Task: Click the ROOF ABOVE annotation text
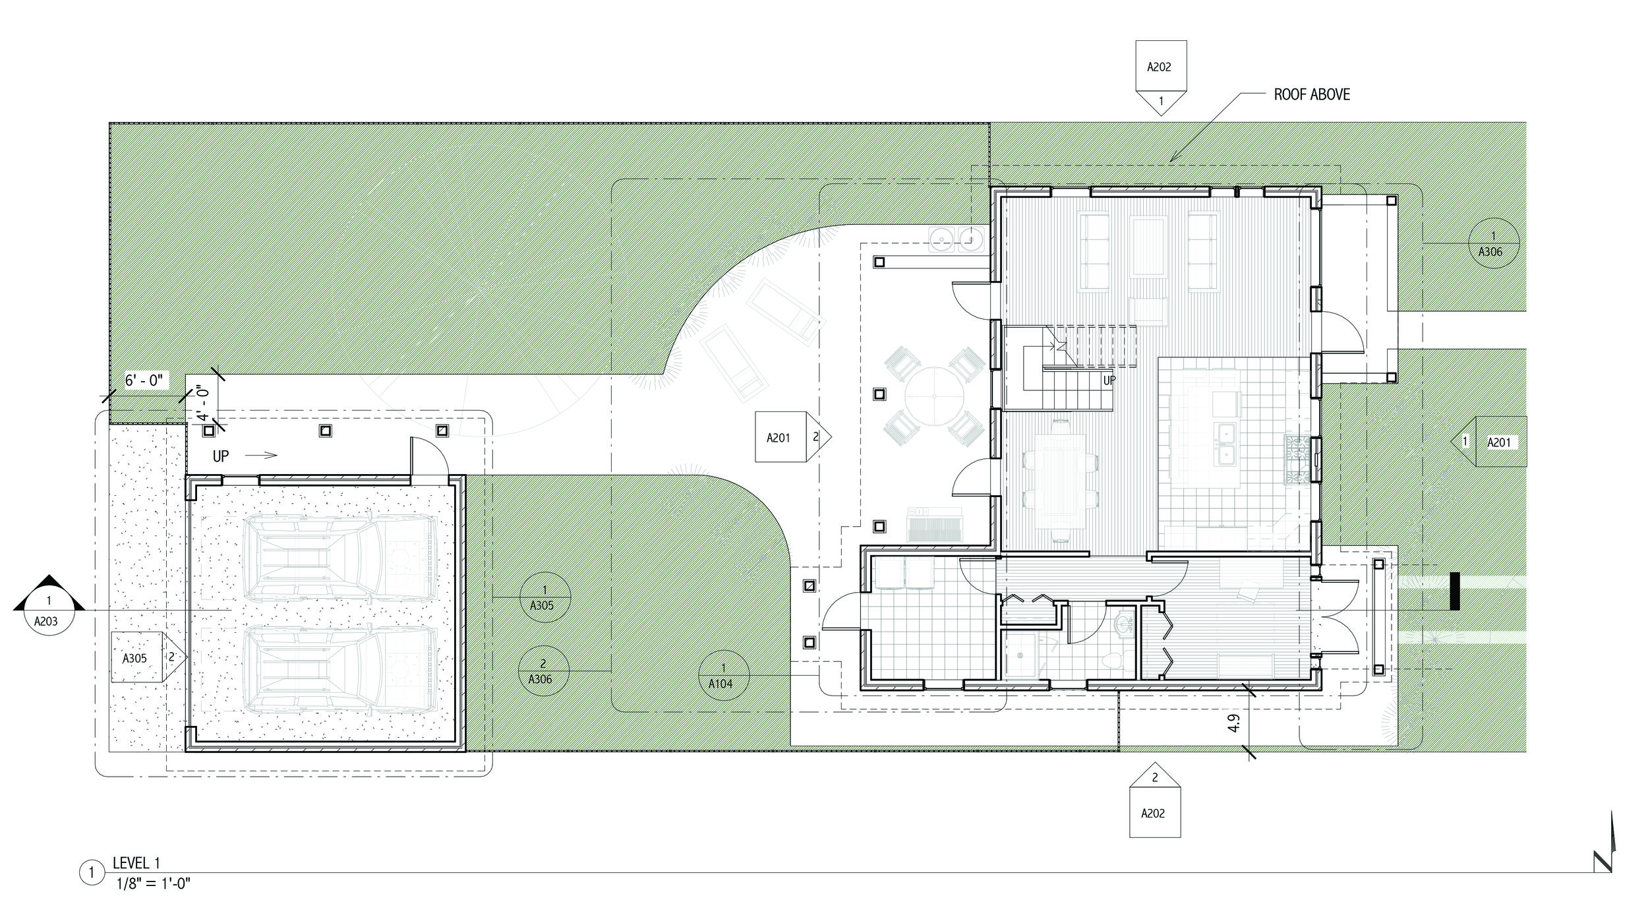pos(1311,95)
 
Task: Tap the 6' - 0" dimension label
pos(148,380)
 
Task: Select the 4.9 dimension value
pos(1234,723)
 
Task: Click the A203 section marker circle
pos(48,612)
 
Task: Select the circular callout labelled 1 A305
pos(544,597)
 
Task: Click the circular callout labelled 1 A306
pos(1493,243)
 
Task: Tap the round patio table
pos(934,396)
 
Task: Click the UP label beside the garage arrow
pos(221,456)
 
